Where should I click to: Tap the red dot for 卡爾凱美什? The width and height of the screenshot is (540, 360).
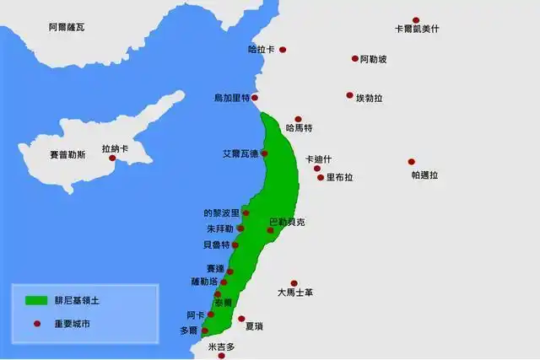click(416, 20)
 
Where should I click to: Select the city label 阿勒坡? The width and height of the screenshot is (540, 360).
click(373, 59)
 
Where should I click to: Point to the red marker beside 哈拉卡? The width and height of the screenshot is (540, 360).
click(283, 50)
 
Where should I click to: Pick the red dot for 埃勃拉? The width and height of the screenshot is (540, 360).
click(349, 95)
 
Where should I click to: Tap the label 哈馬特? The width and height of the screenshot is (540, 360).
click(300, 129)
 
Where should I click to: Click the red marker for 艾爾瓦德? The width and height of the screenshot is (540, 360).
click(264, 153)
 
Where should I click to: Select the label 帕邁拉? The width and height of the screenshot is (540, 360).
click(425, 175)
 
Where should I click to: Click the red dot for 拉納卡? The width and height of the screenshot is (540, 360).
click(111, 158)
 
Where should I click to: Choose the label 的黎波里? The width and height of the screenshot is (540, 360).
click(222, 213)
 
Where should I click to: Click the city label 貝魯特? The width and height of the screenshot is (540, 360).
click(216, 245)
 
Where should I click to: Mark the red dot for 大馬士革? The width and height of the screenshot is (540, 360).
click(294, 283)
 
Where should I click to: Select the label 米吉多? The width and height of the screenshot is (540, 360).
click(221, 347)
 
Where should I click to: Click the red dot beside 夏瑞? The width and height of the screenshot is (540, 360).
click(241, 319)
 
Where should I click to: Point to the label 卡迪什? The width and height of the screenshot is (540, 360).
click(319, 159)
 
